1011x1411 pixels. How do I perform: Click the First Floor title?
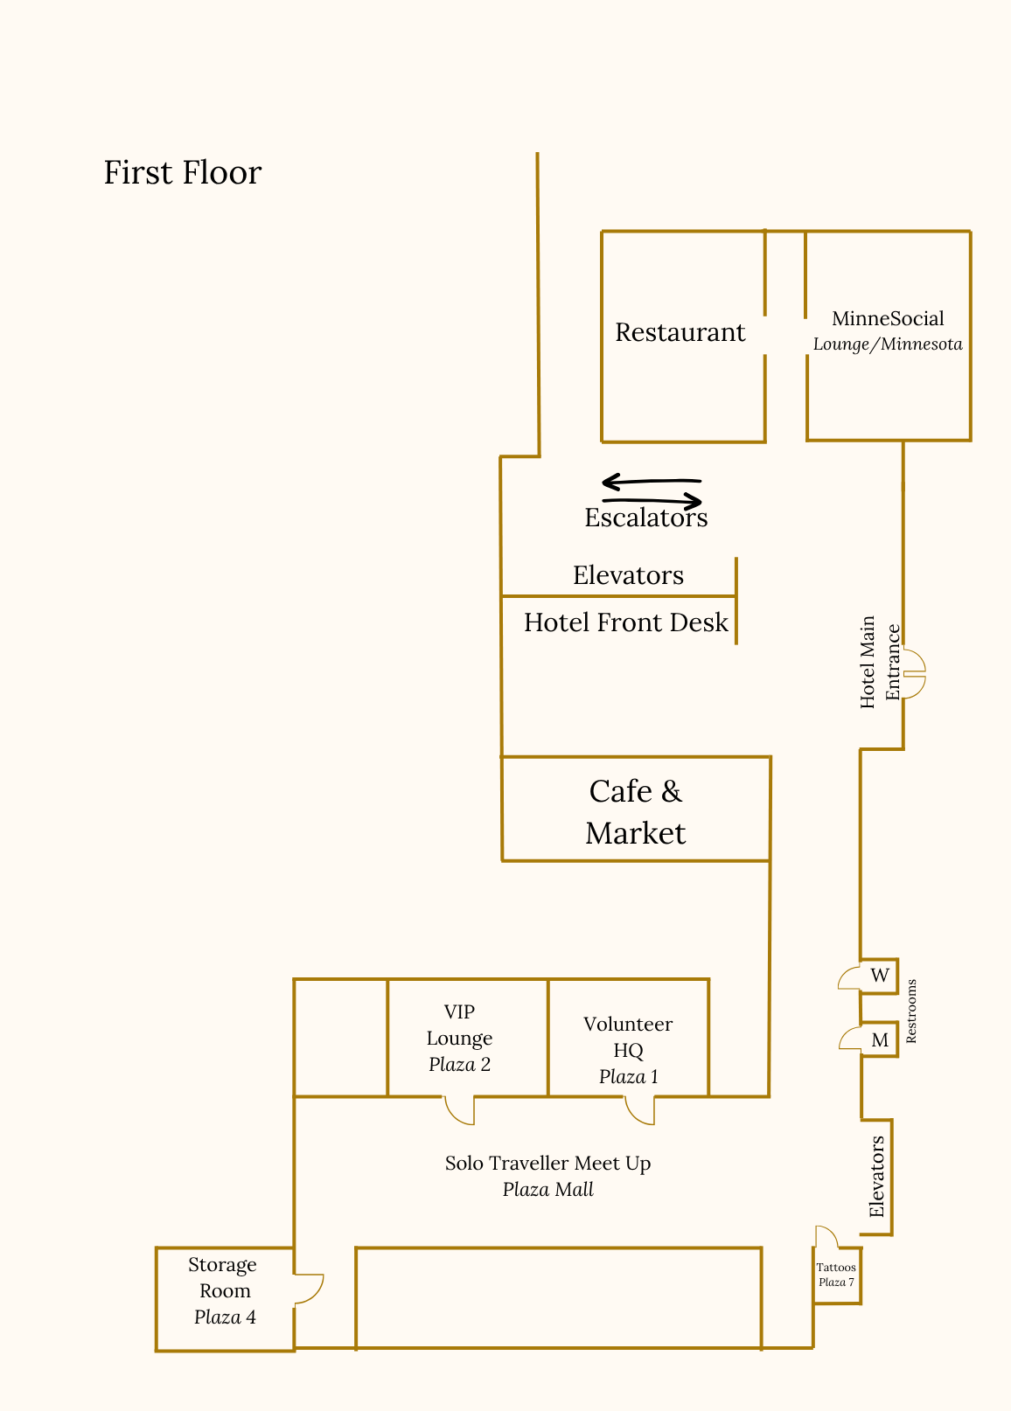pos(182,173)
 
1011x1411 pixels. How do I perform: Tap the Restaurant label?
pos(680,332)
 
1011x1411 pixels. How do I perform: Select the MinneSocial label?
pos(888,319)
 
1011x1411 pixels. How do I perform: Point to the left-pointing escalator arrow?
pos(651,481)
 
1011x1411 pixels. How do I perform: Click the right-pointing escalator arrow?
pos(652,501)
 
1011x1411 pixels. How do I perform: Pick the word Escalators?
pos(645,518)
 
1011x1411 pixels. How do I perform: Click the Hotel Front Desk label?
pos(625,622)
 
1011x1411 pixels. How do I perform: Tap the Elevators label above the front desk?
pos(628,575)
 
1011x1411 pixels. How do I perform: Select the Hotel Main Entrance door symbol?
pos(913,674)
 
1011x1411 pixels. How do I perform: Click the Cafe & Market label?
pos(636,811)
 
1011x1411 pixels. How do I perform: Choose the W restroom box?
pos(880,976)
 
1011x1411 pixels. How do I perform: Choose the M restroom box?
pos(880,1039)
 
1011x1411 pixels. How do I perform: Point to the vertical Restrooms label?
pos(911,1011)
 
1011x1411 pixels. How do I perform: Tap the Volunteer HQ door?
pos(640,1109)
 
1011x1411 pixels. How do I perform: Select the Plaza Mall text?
pos(547,1190)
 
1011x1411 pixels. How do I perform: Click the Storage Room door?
pos(308,1289)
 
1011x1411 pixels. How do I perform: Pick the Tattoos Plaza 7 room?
pos(837,1275)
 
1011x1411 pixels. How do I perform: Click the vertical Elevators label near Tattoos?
pos(877,1177)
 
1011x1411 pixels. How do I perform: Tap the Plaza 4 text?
pos(225,1317)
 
